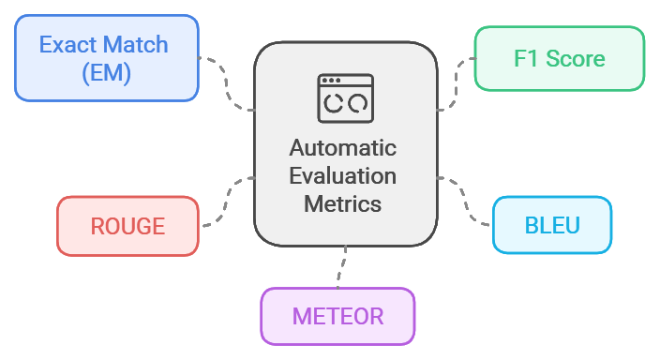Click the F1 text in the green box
tap(526, 59)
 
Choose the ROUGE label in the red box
tap(127, 226)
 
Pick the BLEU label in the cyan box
tap(551, 225)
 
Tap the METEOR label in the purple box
tap(337, 316)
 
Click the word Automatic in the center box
tap(343, 148)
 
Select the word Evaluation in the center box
tap(343, 176)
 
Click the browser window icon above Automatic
tap(344, 97)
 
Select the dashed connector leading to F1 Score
tap(457, 80)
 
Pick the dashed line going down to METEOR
tap(343, 267)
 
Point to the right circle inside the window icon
tap(356, 106)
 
